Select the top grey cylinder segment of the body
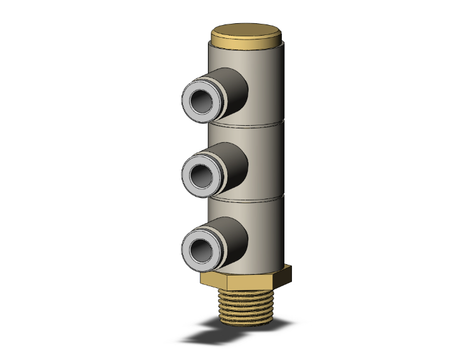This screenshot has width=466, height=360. click(266, 81)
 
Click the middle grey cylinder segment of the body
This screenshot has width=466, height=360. click(266, 160)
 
